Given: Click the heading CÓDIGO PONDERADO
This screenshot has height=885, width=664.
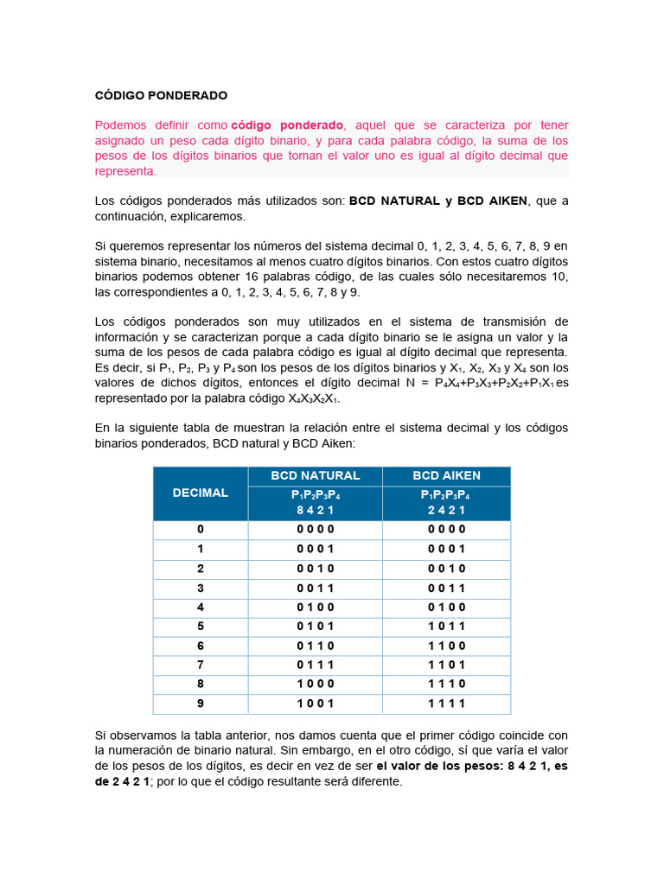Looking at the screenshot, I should coord(160,96).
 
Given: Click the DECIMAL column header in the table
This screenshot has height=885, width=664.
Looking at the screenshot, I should coord(201,493).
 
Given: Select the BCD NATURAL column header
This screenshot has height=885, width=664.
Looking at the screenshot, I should coord(315,475).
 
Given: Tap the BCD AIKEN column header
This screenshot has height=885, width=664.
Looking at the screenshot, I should coord(446,475).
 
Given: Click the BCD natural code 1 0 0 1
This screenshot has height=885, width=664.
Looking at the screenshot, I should coord(315,704).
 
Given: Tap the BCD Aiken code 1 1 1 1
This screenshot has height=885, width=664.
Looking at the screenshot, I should coord(446,704).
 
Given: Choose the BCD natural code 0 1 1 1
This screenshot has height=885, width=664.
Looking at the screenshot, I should coord(315,665).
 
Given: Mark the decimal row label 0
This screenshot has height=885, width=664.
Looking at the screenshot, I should coord(201,529).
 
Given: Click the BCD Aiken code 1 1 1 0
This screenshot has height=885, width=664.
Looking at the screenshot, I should coord(446,684).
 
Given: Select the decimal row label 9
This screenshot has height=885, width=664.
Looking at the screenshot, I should coord(201,704).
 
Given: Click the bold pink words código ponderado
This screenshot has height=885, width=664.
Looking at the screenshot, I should coord(287,125).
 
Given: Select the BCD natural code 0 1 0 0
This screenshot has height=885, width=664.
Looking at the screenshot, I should coord(315,607).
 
